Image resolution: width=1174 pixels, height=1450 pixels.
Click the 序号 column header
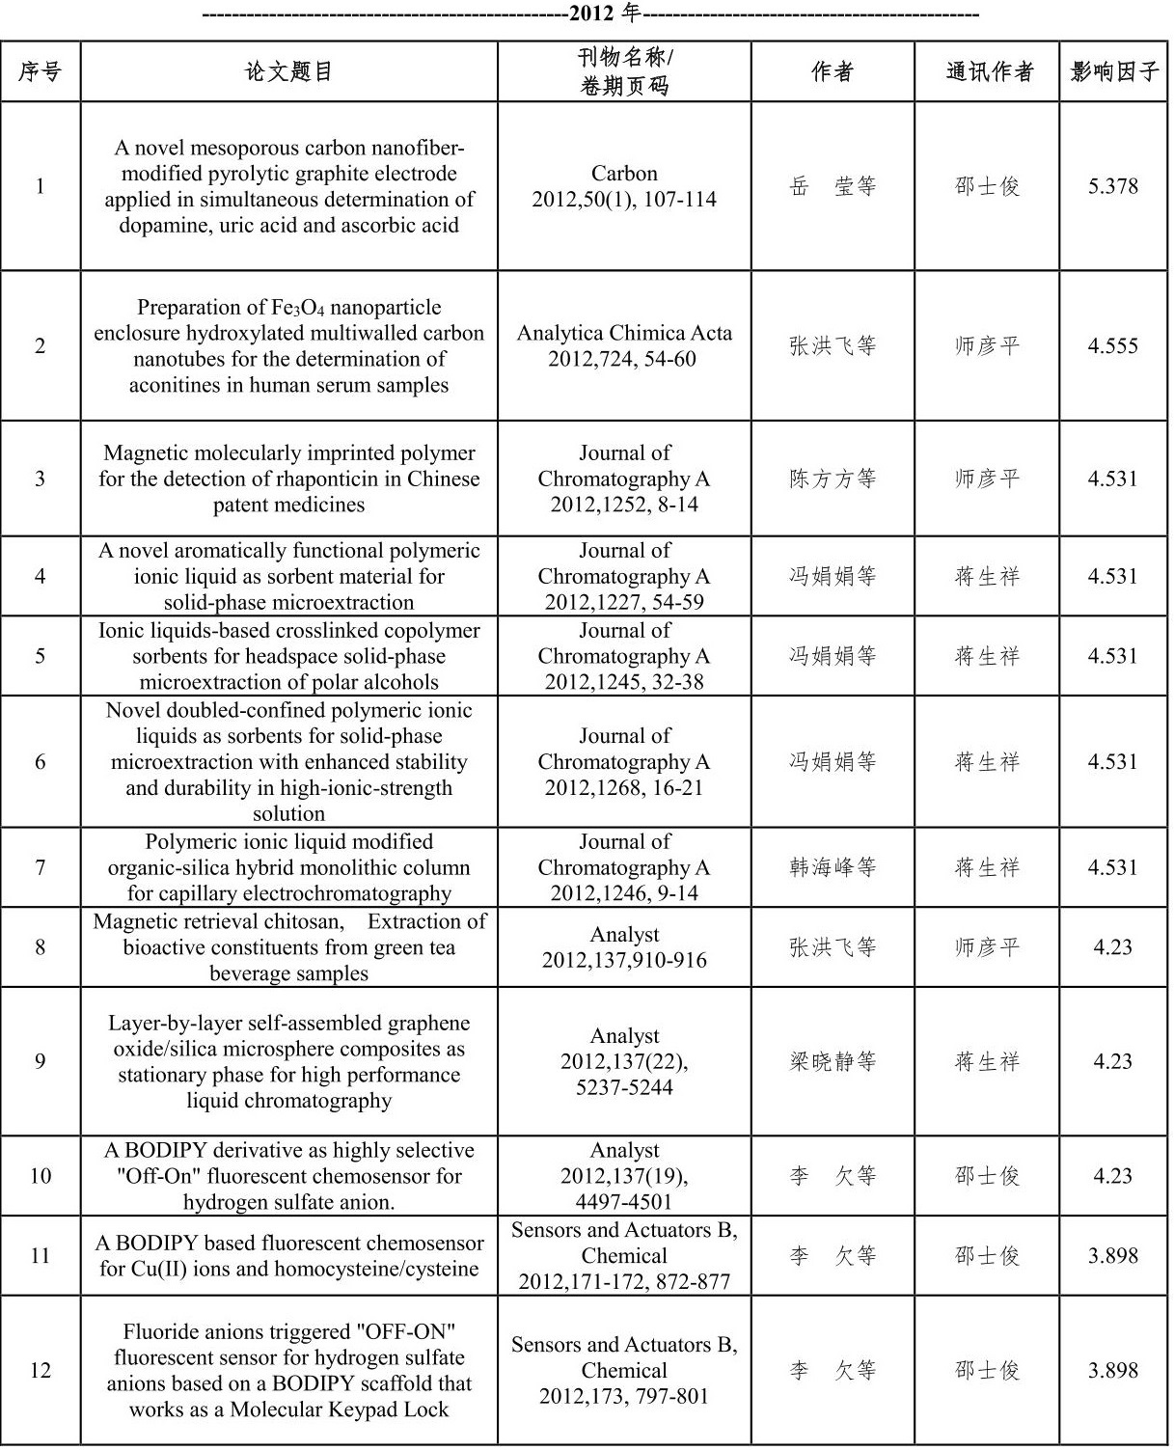coord(40,71)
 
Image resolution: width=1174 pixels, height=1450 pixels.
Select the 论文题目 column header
coord(288,71)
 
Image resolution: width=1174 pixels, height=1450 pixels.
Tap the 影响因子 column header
coord(1114,71)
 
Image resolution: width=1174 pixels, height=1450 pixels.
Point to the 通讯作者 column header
coord(989,71)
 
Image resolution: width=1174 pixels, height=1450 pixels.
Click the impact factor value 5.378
coord(1113,186)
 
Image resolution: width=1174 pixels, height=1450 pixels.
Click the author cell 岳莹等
coord(832,186)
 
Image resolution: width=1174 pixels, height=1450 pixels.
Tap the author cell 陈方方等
coord(832,479)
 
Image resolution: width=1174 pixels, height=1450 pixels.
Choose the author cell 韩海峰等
coord(832,867)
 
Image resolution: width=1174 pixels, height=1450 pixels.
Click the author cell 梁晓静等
coord(832,1061)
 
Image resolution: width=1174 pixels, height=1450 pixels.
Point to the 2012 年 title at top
coord(591,14)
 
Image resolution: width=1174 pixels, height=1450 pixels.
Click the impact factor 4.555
coord(1113,345)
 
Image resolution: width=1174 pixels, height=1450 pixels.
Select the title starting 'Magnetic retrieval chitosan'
coord(288,946)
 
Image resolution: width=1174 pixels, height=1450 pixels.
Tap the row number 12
coord(40,1370)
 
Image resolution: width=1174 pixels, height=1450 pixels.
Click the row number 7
coord(40,867)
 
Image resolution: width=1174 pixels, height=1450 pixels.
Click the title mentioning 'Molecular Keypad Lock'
coord(288,1370)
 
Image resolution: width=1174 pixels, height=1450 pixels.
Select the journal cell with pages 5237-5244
coord(624,1061)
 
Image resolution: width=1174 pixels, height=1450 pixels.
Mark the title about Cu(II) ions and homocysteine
coord(288,1255)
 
